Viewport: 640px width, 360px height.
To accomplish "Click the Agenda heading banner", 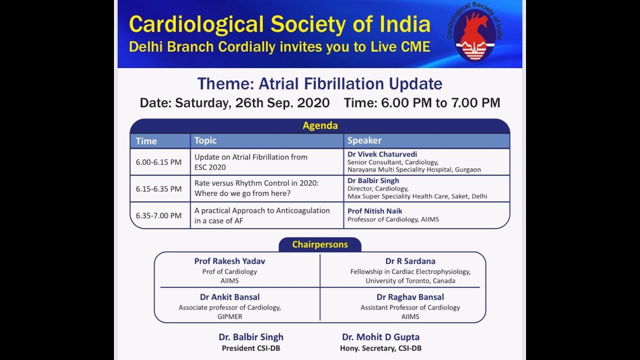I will click(x=320, y=126).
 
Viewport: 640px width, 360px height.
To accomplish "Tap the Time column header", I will click(x=146, y=141).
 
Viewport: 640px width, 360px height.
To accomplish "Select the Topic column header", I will click(x=205, y=140).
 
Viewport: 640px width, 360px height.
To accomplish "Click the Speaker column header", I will click(x=364, y=140).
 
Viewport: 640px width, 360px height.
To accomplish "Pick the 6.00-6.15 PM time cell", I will click(x=158, y=162).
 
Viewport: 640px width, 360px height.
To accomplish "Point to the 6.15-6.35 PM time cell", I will click(x=158, y=189).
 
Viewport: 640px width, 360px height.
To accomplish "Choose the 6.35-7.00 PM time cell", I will click(x=158, y=215).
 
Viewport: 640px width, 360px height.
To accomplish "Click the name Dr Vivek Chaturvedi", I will click(x=382, y=154).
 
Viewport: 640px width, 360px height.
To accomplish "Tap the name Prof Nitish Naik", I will click(x=374, y=211).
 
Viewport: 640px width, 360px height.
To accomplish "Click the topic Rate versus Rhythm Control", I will click(x=256, y=183).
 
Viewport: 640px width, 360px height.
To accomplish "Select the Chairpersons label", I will click(x=320, y=244).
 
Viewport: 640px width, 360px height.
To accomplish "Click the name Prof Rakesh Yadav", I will click(x=229, y=261).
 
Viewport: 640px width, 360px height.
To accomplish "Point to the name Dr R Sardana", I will click(x=410, y=261).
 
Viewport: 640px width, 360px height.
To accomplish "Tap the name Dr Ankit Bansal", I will click(x=229, y=297).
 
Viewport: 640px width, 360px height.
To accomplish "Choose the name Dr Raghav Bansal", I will click(x=410, y=297).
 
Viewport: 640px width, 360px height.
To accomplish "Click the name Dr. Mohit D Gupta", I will click(x=380, y=337).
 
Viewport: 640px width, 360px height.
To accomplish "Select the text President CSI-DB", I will click(x=250, y=348).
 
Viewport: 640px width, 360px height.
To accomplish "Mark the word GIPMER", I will click(x=229, y=316).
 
